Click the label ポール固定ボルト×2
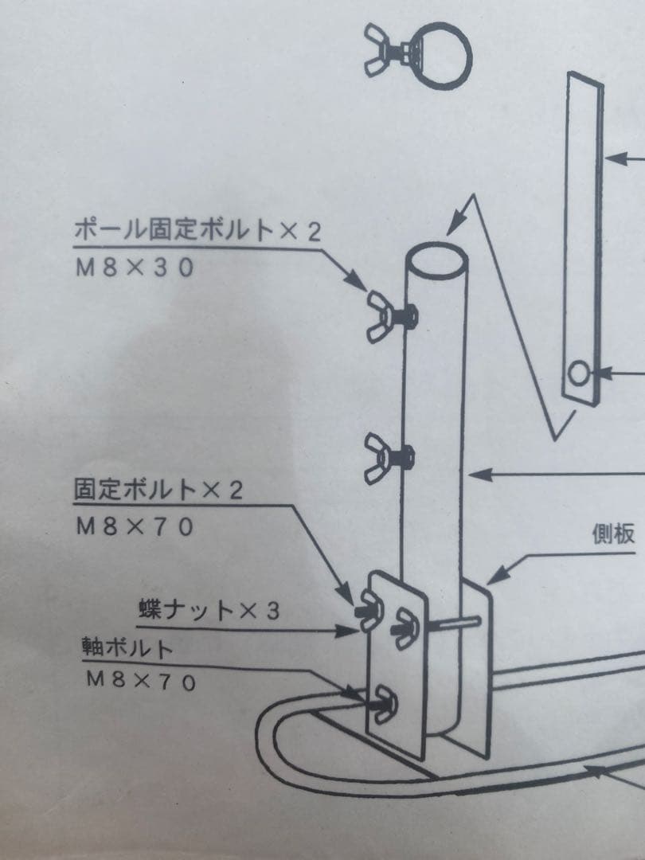pyautogui.click(x=197, y=230)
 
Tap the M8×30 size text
pyautogui.click(x=135, y=268)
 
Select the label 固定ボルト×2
pyautogui.click(x=158, y=489)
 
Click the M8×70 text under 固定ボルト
pyautogui.click(x=135, y=527)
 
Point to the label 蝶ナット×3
pyautogui.click(x=209, y=610)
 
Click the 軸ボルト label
pyautogui.click(x=127, y=648)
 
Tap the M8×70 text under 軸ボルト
pyautogui.click(x=141, y=681)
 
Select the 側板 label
pyautogui.click(x=613, y=534)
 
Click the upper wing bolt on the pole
pyautogui.click(x=391, y=317)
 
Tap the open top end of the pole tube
pyautogui.click(x=436, y=260)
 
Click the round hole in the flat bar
pyautogui.click(x=577, y=374)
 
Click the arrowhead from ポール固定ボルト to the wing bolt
pyautogui.click(x=357, y=281)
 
